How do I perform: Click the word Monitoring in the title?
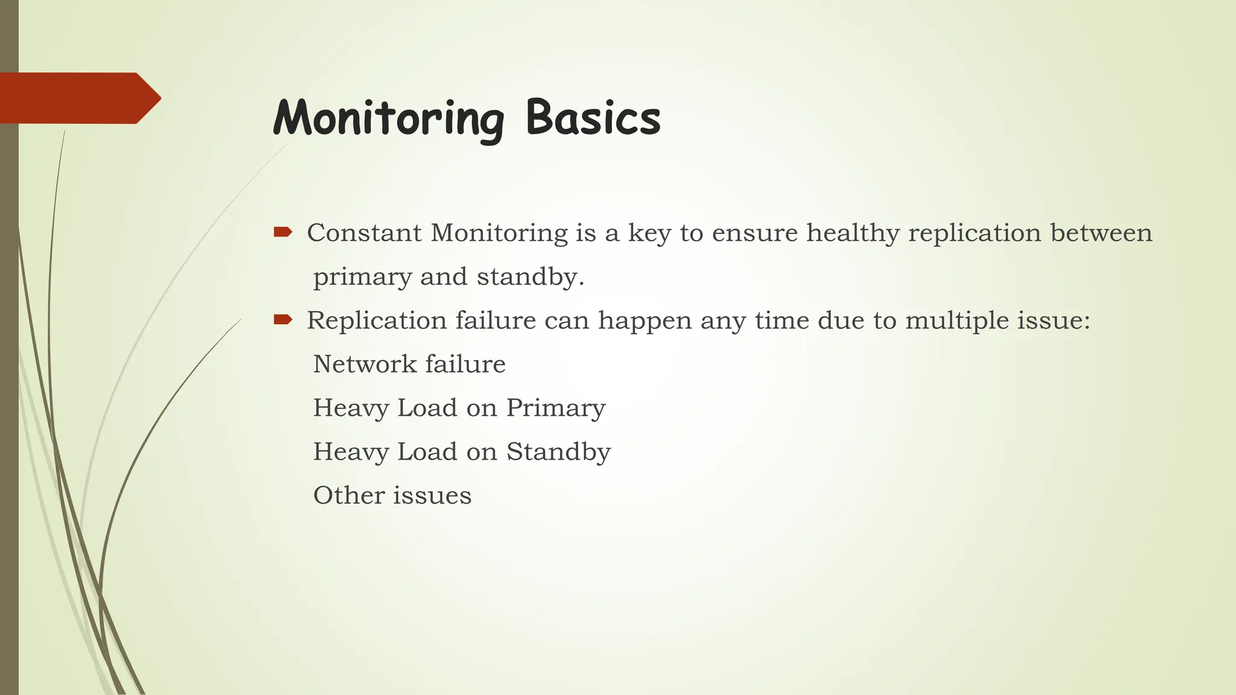point(389,118)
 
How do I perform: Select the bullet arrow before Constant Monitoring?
point(282,232)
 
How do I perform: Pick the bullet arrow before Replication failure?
point(282,320)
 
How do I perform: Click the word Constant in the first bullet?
point(364,233)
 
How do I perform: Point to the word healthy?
point(853,233)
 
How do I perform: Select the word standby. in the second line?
point(530,278)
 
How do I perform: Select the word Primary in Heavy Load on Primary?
point(555,408)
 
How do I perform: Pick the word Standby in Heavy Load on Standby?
point(558,452)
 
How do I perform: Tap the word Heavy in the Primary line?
point(351,408)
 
